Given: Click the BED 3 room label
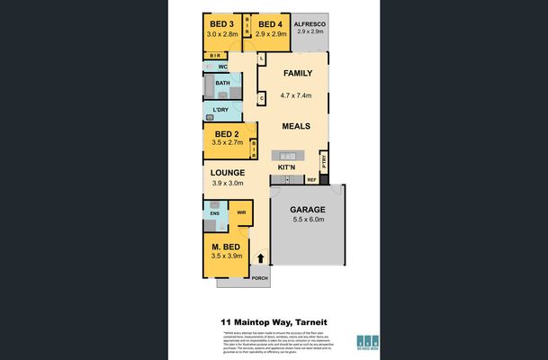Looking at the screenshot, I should click(x=221, y=23).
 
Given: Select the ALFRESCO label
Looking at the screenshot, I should click(x=310, y=22).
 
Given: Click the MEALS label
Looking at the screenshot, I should click(x=296, y=128).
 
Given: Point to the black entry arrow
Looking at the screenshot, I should click(x=261, y=258).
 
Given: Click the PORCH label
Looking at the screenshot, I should click(x=260, y=277).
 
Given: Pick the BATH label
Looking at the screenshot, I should click(x=222, y=84).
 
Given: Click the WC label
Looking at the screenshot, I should click(x=221, y=67).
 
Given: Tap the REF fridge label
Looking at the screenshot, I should click(x=312, y=179).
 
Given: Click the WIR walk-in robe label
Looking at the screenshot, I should click(x=241, y=213).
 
